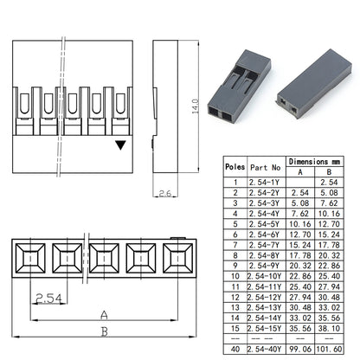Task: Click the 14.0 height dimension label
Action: pos(196,106)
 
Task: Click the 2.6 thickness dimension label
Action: pos(165,193)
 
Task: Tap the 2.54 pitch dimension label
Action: pos(48,299)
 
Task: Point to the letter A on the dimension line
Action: pos(104,315)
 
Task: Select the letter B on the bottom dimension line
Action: pos(105,331)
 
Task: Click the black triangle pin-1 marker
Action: pos(120,145)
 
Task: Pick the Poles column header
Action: pos(235,167)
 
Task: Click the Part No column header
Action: pos(266,167)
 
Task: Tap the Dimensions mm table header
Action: pos(314,161)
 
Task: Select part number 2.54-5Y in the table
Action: pos(265,224)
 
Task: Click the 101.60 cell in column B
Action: pos(329,349)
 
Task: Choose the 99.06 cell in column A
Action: pos(300,349)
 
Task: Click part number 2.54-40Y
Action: pos(264,349)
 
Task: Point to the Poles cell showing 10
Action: pos(235,276)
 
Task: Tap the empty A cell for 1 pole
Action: pos(300,182)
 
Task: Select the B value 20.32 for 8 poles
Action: pos(329,255)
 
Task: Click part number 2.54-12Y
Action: pos(264,297)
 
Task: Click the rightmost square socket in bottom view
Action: pos(178,258)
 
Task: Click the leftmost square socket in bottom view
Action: pos(30,258)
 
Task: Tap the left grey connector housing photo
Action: pos(239,86)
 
